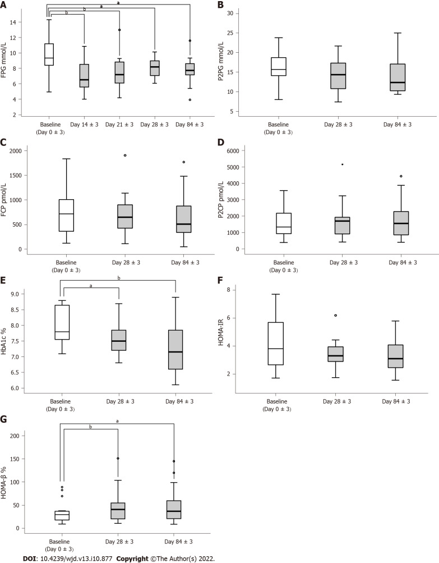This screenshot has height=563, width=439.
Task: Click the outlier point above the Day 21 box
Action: (x=119, y=30)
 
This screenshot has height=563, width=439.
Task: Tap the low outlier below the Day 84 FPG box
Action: (x=190, y=100)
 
